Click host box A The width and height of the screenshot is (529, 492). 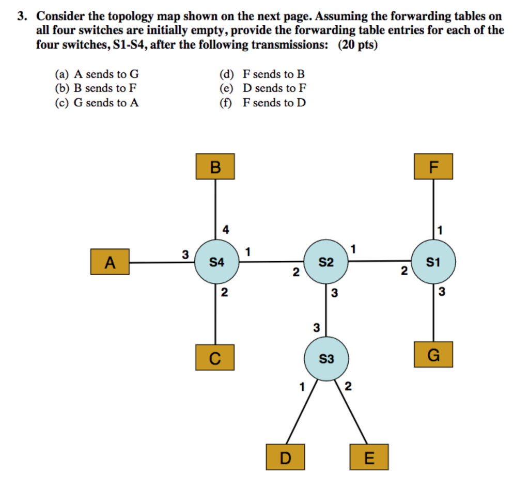click(110, 262)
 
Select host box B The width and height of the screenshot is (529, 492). click(215, 166)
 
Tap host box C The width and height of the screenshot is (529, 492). click(215, 357)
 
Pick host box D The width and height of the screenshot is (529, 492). click(286, 457)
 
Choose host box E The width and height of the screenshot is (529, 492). click(369, 457)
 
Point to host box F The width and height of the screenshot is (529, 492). click(433, 166)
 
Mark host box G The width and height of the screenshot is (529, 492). click(433, 354)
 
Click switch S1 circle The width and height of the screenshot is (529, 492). click(433, 262)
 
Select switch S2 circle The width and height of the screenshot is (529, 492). click(325, 262)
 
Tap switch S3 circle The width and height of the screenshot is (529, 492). click(325, 358)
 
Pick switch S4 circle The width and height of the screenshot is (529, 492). click(216, 262)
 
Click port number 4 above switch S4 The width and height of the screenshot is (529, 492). click(226, 229)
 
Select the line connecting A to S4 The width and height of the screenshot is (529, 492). click(161, 262)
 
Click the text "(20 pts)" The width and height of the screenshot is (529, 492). click(358, 45)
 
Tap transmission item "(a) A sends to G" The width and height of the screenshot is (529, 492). click(97, 74)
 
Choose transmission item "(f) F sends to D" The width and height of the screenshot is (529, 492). click(262, 103)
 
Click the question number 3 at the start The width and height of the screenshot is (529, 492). click(21, 17)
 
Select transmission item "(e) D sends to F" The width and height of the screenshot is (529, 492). click(263, 88)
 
